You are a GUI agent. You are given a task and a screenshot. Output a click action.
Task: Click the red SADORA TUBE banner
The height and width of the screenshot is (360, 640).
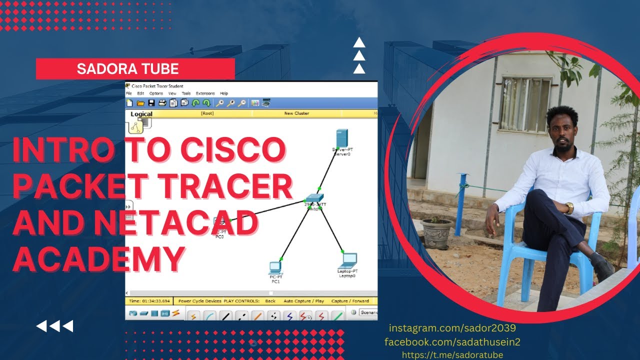coord(135,68)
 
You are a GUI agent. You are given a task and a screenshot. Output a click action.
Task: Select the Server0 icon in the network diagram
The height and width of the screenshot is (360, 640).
coord(342,138)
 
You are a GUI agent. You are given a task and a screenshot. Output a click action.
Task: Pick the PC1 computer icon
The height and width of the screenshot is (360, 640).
coord(275,267)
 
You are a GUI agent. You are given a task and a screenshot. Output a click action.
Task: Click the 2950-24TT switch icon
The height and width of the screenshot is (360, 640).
coord(314,197)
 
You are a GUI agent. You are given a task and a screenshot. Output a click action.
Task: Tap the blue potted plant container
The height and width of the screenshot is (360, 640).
coord(436,233)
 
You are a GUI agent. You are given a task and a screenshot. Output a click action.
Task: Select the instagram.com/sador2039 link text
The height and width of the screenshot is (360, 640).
coord(452,328)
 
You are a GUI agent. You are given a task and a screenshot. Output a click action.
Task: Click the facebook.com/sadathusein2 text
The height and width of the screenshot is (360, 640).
coord(452,342)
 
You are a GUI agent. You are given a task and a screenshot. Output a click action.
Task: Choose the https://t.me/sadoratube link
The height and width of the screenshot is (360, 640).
coord(452,354)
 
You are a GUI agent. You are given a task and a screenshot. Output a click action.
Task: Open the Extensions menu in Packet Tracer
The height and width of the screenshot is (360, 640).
coord(205,93)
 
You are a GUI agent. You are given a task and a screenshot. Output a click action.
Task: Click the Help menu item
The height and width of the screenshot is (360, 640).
coord(224,93)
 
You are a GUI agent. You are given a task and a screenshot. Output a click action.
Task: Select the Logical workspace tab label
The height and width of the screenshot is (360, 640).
coord(141,114)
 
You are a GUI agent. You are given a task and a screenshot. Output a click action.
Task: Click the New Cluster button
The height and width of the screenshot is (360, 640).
coord(296,113)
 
